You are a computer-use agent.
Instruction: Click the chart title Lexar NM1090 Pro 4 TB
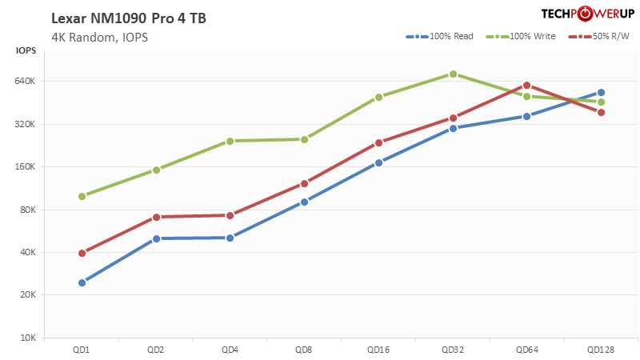[129, 18]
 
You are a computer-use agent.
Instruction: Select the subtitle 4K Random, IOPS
[99, 37]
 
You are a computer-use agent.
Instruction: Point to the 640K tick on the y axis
[26, 82]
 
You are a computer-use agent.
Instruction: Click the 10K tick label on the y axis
[28, 338]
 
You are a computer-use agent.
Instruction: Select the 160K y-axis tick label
[26, 167]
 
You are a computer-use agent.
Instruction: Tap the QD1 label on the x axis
[82, 350]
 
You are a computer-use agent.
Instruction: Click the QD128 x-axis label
[601, 350]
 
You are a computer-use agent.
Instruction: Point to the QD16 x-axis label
[378, 350]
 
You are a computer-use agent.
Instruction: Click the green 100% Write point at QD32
[453, 74]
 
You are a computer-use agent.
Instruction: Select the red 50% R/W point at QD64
[526, 85]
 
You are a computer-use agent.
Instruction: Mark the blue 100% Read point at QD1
[82, 282]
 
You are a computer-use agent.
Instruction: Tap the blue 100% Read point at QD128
[601, 93]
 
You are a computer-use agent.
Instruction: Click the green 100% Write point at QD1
[82, 196]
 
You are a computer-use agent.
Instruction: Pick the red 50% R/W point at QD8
[304, 183]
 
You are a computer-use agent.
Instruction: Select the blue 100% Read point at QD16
[378, 162]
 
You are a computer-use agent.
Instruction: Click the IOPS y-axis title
[26, 52]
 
